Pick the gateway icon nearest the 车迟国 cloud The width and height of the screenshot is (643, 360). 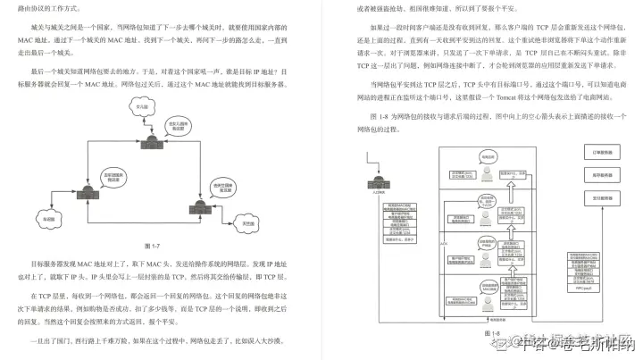(x=85, y=195)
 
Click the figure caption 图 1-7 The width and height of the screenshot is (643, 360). (x=152, y=245)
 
